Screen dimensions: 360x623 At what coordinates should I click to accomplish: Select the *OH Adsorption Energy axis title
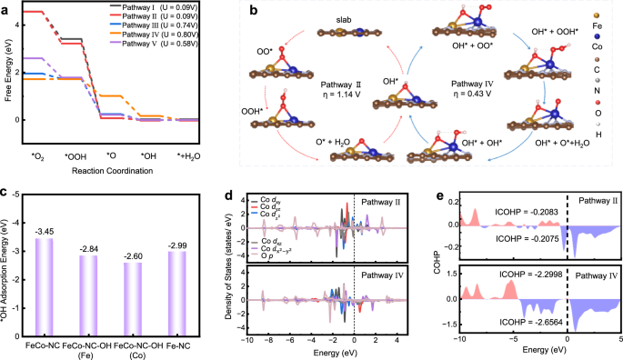click(8, 269)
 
